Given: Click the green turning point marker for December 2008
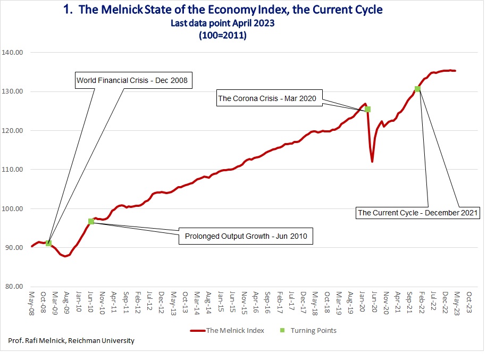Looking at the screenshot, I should (x=48, y=243).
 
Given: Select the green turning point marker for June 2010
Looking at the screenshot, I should (x=91, y=221).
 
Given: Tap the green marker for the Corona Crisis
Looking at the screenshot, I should (x=367, y=109).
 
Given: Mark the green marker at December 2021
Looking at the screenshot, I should (x=417, y=89).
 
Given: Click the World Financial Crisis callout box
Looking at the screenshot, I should (x=132, y=81).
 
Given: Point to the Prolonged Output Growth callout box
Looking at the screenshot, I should (x=245, y=236).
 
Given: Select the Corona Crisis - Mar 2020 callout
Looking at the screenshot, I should (x=270, y=98).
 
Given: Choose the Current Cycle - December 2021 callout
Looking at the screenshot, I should (x=418, y=213).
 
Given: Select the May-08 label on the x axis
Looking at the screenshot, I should (x=32, y=302).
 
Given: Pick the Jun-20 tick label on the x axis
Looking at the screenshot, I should (x=374, y=302).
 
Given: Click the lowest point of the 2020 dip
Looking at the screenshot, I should (x=372, y=161).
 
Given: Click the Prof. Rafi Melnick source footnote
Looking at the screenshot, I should (x=71, y=340).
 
